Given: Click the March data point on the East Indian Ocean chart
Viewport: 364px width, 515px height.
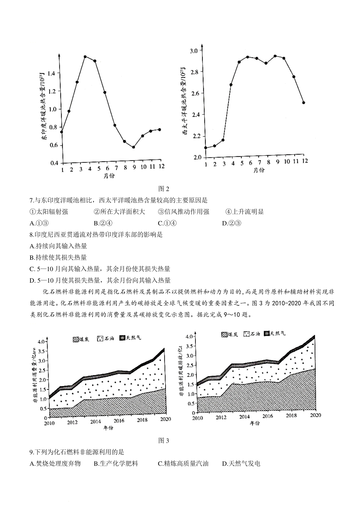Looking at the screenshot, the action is tap(77, 82).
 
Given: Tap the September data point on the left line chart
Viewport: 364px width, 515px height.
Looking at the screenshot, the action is tap(133, 147).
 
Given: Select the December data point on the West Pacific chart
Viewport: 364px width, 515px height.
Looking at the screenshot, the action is tap(304, 103).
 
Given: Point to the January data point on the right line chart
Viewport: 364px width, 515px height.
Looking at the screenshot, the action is tap(206, 148).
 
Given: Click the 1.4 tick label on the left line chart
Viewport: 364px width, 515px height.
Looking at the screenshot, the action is tap(51, 73).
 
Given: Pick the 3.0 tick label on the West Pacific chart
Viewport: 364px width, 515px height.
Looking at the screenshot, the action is tap(194, 51).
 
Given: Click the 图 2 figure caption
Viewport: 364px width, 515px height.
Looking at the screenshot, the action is tap(164, 189).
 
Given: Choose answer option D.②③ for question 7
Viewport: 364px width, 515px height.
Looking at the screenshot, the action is tap(232, 223).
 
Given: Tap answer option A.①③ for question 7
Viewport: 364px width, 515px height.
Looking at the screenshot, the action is tap(39, 223).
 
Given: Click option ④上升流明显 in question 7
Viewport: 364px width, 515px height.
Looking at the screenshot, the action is tap(244, 212).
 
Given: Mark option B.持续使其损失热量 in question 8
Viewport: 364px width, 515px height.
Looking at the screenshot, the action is tap(58, 257).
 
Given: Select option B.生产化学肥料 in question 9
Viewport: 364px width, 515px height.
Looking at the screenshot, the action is tap(116, 463).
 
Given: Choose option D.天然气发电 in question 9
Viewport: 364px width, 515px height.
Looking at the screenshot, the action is tap(241, 463).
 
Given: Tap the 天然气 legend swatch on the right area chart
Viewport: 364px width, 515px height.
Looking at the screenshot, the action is tap(267, 334).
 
